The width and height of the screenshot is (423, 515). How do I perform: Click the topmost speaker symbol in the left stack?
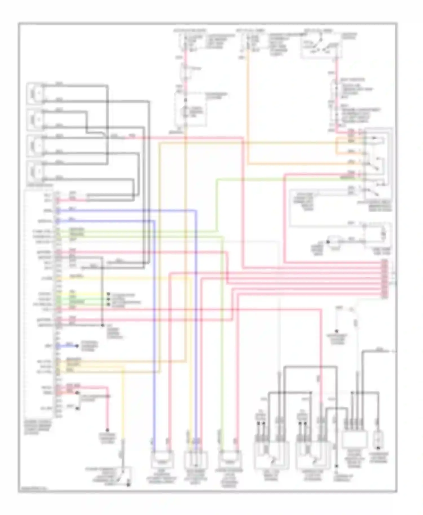pyautogui.click(x=35, y=93)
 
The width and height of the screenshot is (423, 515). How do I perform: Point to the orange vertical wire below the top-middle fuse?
pyautogui.click(x=248, y=113)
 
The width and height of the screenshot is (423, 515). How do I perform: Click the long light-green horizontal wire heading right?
pyautogui.click(x=282, y=179)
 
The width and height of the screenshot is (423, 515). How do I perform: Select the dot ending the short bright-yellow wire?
pyautogui.click(x=108, y=294)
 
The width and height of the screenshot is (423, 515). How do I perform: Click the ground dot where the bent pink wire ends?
pyautogui.click(x=107, y=430)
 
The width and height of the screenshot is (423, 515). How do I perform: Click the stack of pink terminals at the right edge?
pyautogui.click(x=384, y=279)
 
